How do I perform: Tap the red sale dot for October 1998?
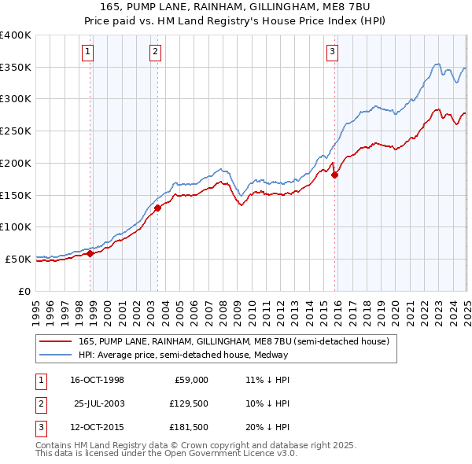pos(90,253)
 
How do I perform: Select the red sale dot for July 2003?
pos(158,208)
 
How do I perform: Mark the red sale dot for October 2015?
pos(334,175)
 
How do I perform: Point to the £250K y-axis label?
pos(15,131)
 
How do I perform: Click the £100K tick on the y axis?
pos(15,226)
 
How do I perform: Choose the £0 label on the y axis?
pos(24,290)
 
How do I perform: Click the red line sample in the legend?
pos(57,342)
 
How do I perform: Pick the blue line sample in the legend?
pos(57,355)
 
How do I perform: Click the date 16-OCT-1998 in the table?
pos(98,380)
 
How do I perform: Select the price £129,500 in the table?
pos(190,404)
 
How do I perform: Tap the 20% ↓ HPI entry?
pos(267,429)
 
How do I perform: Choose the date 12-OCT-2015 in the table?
pos(98,429)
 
